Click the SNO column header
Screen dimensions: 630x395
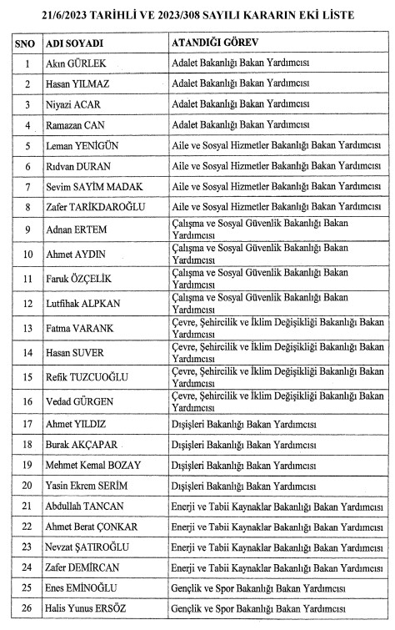tap(27, 43)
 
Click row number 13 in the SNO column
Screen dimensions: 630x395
tap(27, 328)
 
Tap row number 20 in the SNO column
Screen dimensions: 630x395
tap(27, 485)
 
